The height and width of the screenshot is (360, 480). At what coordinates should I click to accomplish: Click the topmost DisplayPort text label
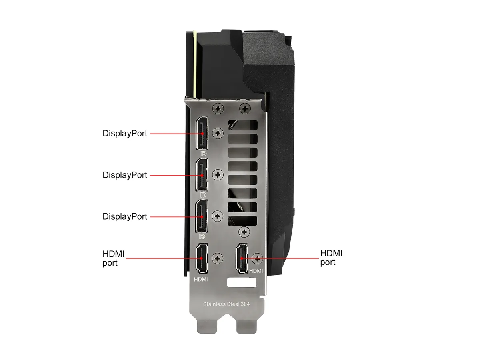click(x=125, y=134)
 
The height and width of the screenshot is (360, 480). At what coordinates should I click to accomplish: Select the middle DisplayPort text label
click(x=125, y=175)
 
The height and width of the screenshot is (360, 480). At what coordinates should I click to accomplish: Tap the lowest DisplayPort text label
click(x=125, y=217)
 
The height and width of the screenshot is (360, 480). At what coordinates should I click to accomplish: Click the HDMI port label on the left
click(x=114, y=258)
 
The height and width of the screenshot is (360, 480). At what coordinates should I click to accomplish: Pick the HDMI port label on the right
click(x=331, y=258)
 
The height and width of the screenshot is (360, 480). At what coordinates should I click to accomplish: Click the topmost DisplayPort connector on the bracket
click(x=202, y=133)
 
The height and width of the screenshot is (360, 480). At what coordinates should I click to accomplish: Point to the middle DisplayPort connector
click(x=202, y=175)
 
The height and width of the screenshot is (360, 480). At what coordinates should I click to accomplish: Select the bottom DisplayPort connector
click(x=202, y=216)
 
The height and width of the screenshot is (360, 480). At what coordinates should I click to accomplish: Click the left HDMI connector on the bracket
click(x=202, y=258)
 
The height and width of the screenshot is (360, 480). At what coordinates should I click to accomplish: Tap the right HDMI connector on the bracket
click(x=242, y=258)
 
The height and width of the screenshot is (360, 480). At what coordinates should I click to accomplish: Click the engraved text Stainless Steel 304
click(x=226, y=304)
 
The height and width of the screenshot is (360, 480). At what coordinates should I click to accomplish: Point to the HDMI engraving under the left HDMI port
click(x=201, y=279)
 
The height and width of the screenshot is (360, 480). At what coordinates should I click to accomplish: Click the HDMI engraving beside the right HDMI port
click(x=256, y=271)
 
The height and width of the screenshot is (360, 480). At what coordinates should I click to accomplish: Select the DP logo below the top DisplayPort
click(x=203, y=154)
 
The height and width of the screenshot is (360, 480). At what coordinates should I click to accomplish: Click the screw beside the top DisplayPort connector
click(x=218, y=133)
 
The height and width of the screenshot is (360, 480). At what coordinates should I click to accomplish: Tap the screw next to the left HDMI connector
click(x=217, y=258)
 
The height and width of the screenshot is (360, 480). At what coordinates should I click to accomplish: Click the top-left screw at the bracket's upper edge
click(x=218, y=108)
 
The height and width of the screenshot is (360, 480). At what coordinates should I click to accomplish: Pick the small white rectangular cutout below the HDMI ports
click(x=242, y=282)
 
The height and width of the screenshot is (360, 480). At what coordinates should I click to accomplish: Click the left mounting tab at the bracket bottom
click(x=207, y=326)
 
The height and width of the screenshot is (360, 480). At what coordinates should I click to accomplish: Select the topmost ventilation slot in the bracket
click(x=243, y=125)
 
